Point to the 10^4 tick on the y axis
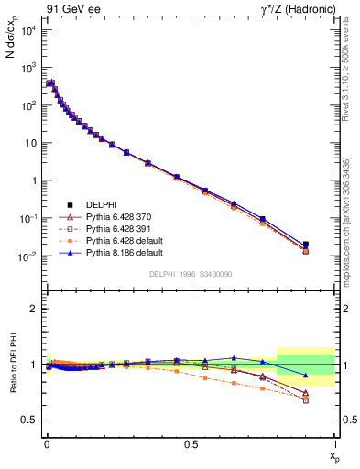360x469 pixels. pos(27,30)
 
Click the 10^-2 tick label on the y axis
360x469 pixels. pos(27,256)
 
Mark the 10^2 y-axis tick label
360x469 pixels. pos(27,105)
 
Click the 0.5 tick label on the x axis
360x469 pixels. pos(191,443)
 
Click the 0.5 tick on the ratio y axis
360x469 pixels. pos(30,420)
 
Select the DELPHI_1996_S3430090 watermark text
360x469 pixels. pos(191,274)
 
